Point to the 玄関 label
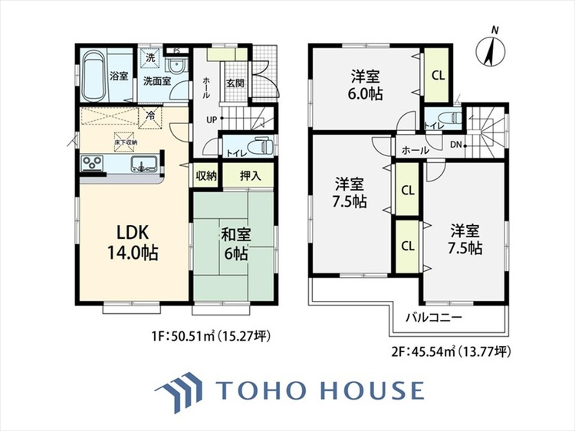click(235, 83)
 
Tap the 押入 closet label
click(250, 175)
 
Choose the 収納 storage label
click(205, 175)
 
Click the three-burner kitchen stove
click(92, 162)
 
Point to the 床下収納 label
click(126, 142)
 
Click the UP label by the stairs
click(210, 119)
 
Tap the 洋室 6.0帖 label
click(366, 83)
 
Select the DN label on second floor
click(456, 145)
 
